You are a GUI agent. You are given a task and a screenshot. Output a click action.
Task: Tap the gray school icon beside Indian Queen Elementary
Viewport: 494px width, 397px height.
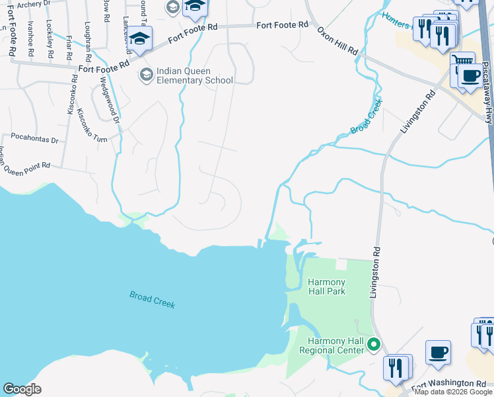click(145, 73)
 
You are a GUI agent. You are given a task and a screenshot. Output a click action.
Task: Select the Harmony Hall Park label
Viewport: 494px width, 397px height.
click(326, 286)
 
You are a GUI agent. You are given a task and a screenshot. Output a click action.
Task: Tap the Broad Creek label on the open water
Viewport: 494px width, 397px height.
click(152, 300)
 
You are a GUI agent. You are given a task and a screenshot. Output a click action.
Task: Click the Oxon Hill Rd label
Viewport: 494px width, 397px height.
click(337, 41)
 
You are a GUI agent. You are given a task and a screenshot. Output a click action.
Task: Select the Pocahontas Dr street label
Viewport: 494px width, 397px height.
click(34, 141)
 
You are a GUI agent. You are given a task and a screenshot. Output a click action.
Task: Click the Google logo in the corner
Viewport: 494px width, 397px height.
click(22, 389)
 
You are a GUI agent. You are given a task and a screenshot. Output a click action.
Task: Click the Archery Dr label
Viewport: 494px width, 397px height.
click(33, 5)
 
